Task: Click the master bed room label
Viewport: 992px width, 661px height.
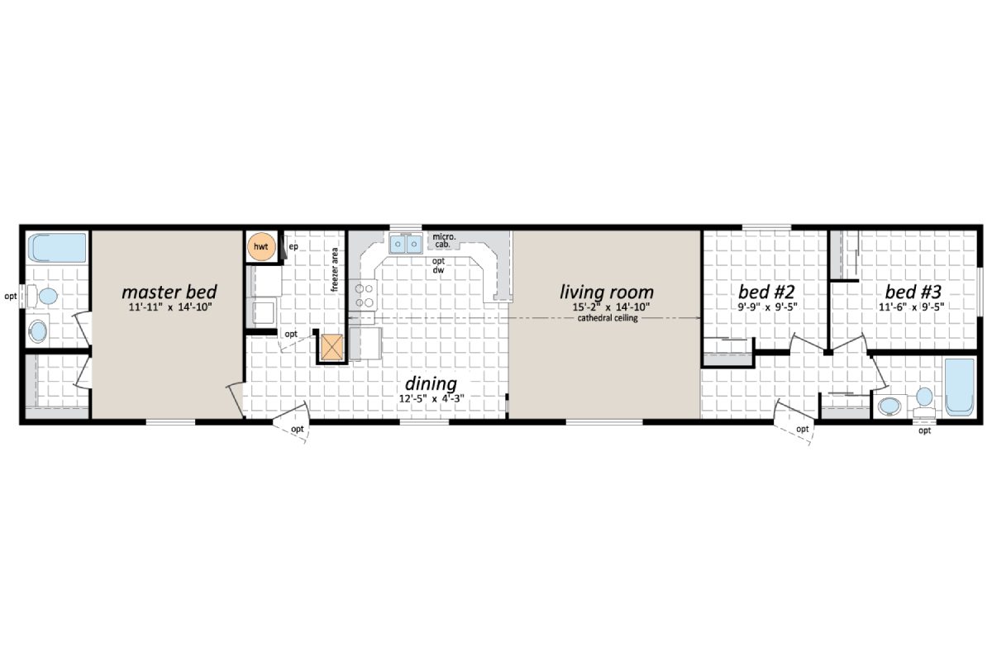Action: click(169, 292)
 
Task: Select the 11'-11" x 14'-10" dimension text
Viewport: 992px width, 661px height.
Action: click(169, 307)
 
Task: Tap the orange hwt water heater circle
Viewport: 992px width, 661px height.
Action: click(261, 247)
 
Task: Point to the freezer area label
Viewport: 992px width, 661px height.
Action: click(335, 269)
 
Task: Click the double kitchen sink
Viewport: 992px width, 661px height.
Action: click(406, 244)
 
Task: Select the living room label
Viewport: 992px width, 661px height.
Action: click(606, 292)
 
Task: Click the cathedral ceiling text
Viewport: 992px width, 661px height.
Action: click(608, 318)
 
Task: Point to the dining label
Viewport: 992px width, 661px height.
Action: click(430, 383)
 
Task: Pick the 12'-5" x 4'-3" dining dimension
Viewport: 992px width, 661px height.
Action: click(430, 398)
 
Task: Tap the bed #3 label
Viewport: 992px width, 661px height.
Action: click(913, 292)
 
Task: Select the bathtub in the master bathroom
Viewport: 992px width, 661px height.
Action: click(56, 247)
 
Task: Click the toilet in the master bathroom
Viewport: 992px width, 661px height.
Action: click(45, 295)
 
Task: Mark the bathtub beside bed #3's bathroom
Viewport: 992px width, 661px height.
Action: click(960, 387)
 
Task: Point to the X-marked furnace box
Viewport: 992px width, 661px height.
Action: click(332, 347)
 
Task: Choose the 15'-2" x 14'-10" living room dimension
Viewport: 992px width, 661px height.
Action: click(606, 307)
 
